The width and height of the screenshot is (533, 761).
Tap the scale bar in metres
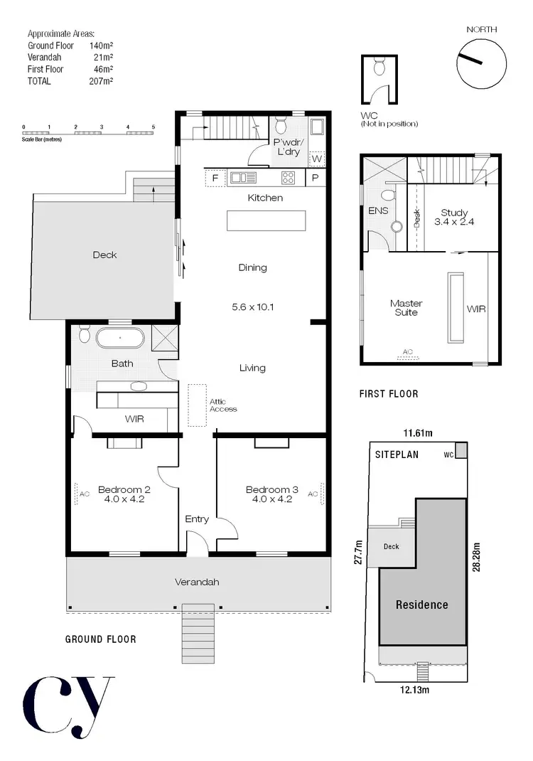(88, 132)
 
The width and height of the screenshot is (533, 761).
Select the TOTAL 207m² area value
(102, 81)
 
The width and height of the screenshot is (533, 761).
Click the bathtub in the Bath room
(121, 337)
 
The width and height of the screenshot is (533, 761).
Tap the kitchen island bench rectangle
(265, 220)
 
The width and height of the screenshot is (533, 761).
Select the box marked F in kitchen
(215, 178)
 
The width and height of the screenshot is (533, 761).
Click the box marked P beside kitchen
(315, 178)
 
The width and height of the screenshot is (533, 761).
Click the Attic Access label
(222, 405)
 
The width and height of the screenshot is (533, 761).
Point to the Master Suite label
(406, 307)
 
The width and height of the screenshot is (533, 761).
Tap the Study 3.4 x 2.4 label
(454, 217)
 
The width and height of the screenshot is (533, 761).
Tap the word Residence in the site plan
(422, 605)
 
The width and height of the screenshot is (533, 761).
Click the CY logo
(68, 704)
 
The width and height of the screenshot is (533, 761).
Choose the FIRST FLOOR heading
(389, 393)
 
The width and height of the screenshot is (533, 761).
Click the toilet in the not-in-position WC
(379, 68)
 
